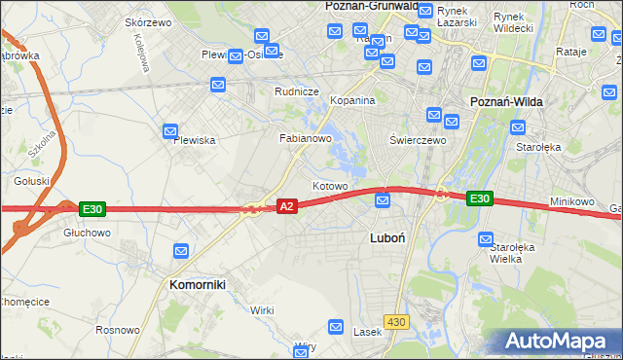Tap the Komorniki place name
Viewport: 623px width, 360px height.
point(198,285)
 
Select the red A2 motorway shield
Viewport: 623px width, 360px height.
point(286,206)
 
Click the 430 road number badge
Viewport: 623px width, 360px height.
point(395,320)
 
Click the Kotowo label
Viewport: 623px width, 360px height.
point(330,186)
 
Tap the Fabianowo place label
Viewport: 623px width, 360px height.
point(307,139)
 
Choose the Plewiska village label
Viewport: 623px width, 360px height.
point(194,140)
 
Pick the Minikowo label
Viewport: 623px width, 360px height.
point(571,201)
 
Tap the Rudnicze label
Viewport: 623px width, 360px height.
point(297,91)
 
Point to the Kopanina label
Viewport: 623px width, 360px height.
point(351,101)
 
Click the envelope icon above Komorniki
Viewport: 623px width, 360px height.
point(181,251)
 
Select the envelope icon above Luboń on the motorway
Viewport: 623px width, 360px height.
point(384,200)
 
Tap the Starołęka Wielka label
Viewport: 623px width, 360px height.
point(512,253)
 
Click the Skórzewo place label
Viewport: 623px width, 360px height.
point(149,21)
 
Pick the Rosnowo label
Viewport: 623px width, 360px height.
point(118,330)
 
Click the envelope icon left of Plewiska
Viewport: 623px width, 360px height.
point(170,130)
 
